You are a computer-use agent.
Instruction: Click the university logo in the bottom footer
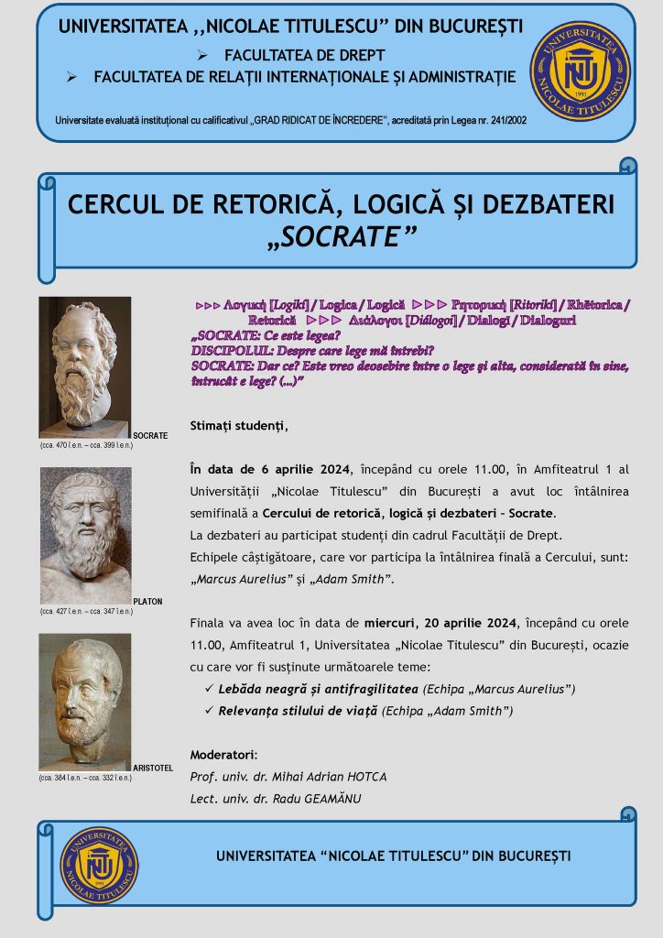tap(99, 865)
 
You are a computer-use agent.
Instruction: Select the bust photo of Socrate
tap(84, 366)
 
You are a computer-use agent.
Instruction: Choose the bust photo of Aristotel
tap(85, 701)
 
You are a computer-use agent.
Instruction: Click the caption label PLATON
tap(148, 601)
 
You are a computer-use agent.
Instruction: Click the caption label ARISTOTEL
tap(153, 767)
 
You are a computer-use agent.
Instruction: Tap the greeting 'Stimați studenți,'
tap(238, 425)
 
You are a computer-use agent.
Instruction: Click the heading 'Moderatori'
tap(223, 755)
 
